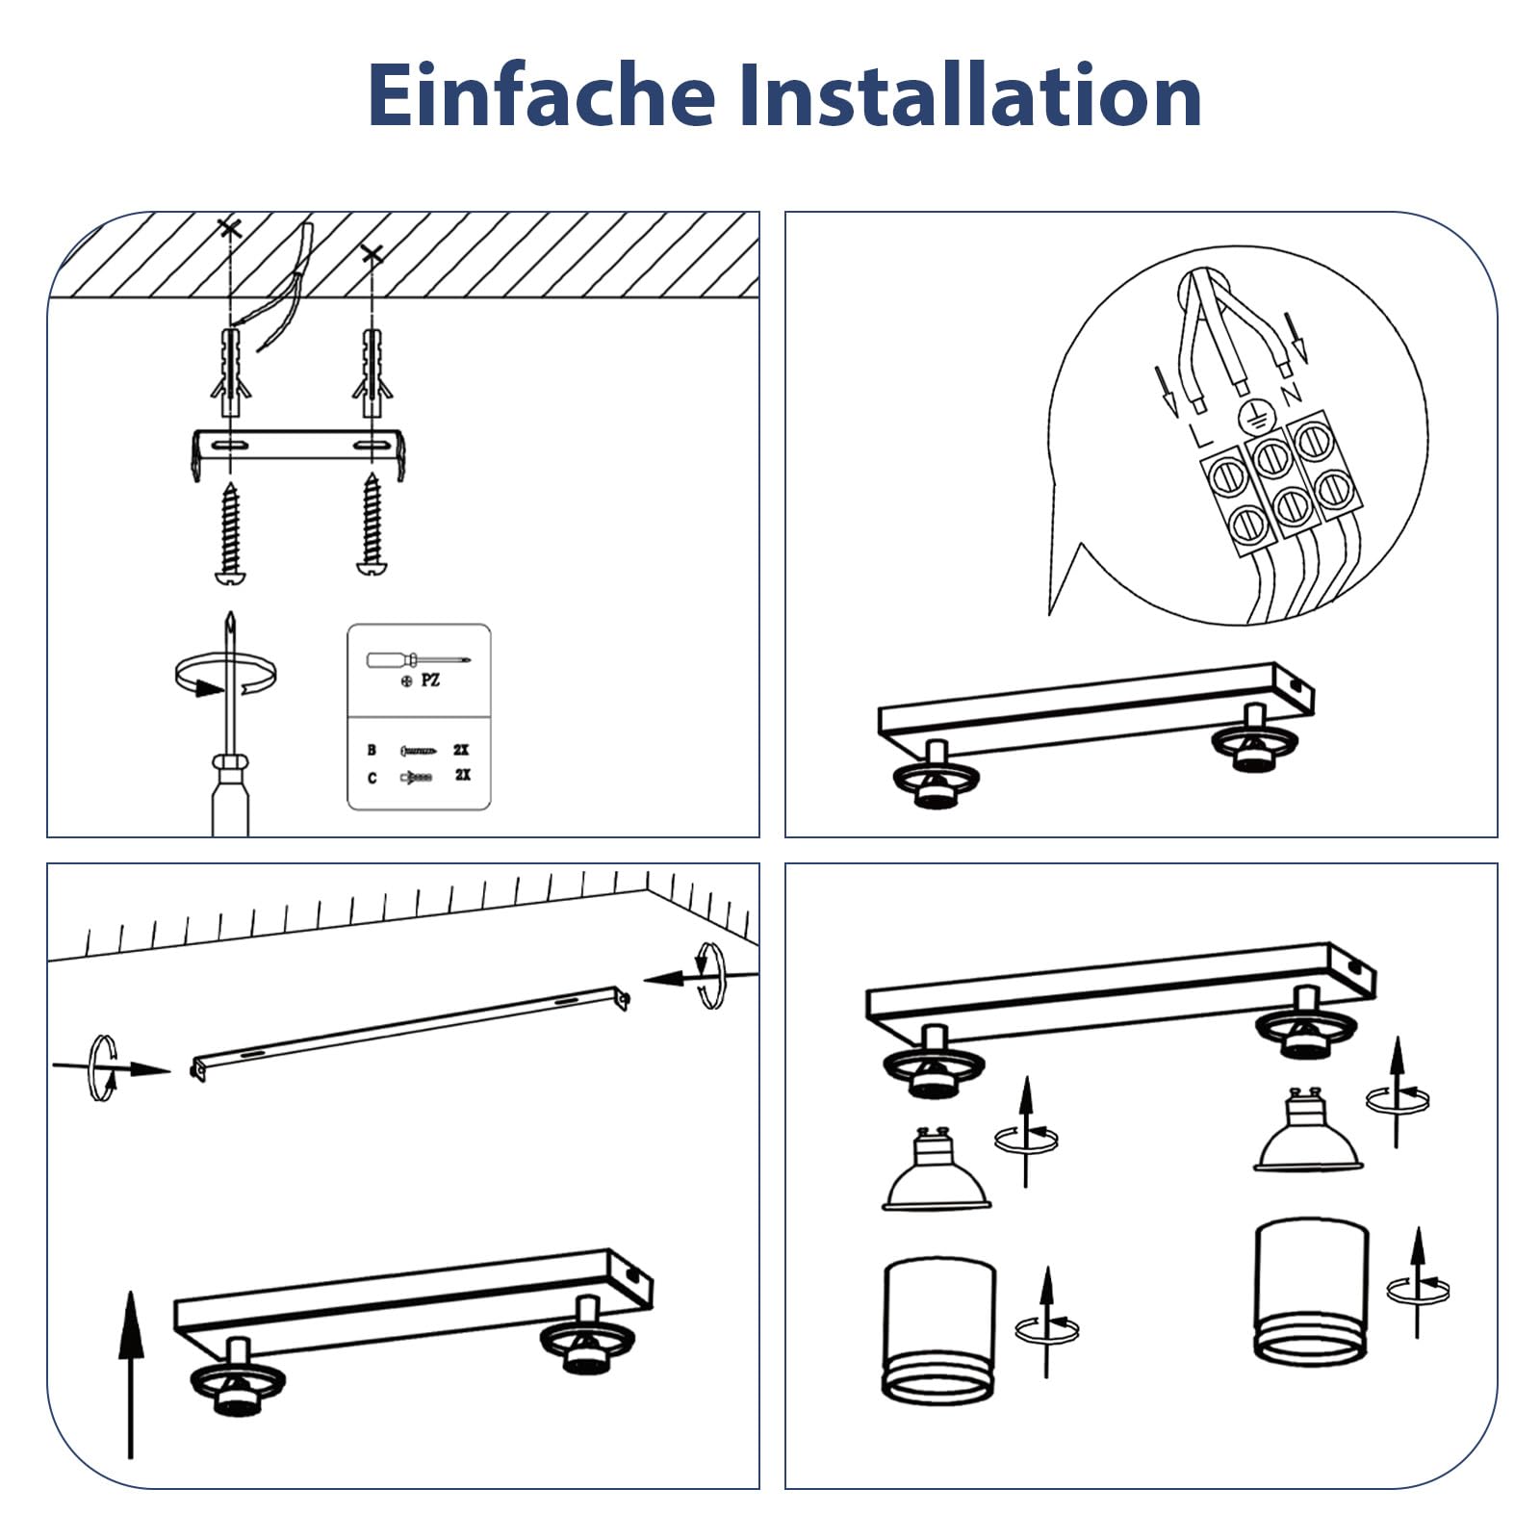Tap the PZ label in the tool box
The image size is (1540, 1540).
point(430,680)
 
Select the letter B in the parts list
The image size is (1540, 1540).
point(372,750)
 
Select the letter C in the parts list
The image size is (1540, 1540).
point(372,777)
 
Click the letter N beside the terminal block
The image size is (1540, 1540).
point(1291,393)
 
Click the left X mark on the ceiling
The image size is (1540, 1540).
point(229,228)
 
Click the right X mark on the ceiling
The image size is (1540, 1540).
point(372,254)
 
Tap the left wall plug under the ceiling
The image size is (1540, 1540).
point(230,371)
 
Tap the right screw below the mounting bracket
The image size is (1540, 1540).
point(372,525)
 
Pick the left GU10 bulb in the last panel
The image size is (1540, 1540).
point(936,1169)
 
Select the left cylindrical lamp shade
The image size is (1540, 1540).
point(938,1328)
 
